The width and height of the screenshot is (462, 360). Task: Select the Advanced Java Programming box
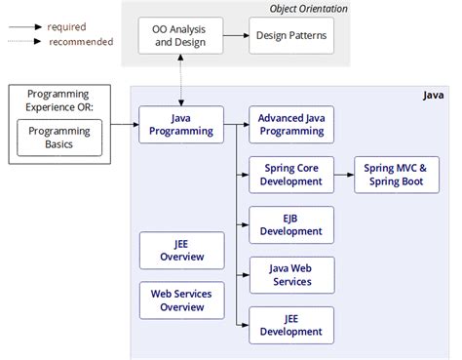[x=291, y=125]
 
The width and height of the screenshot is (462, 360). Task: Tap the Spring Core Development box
[x=291, y=175]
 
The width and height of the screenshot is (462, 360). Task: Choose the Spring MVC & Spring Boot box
[x=396, y=175]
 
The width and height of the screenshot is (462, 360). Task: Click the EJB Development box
[x=291, y=224]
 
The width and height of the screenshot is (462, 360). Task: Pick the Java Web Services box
[x=291, y=274]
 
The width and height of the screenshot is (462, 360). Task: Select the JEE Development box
[x=291, y=325]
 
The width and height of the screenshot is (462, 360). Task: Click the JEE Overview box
[x=182, y=250]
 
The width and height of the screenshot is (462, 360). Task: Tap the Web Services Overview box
[x=182, y=300]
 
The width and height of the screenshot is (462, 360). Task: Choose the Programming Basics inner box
[x=58, y=138]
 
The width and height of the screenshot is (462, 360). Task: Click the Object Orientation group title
[x=308, y=9]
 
